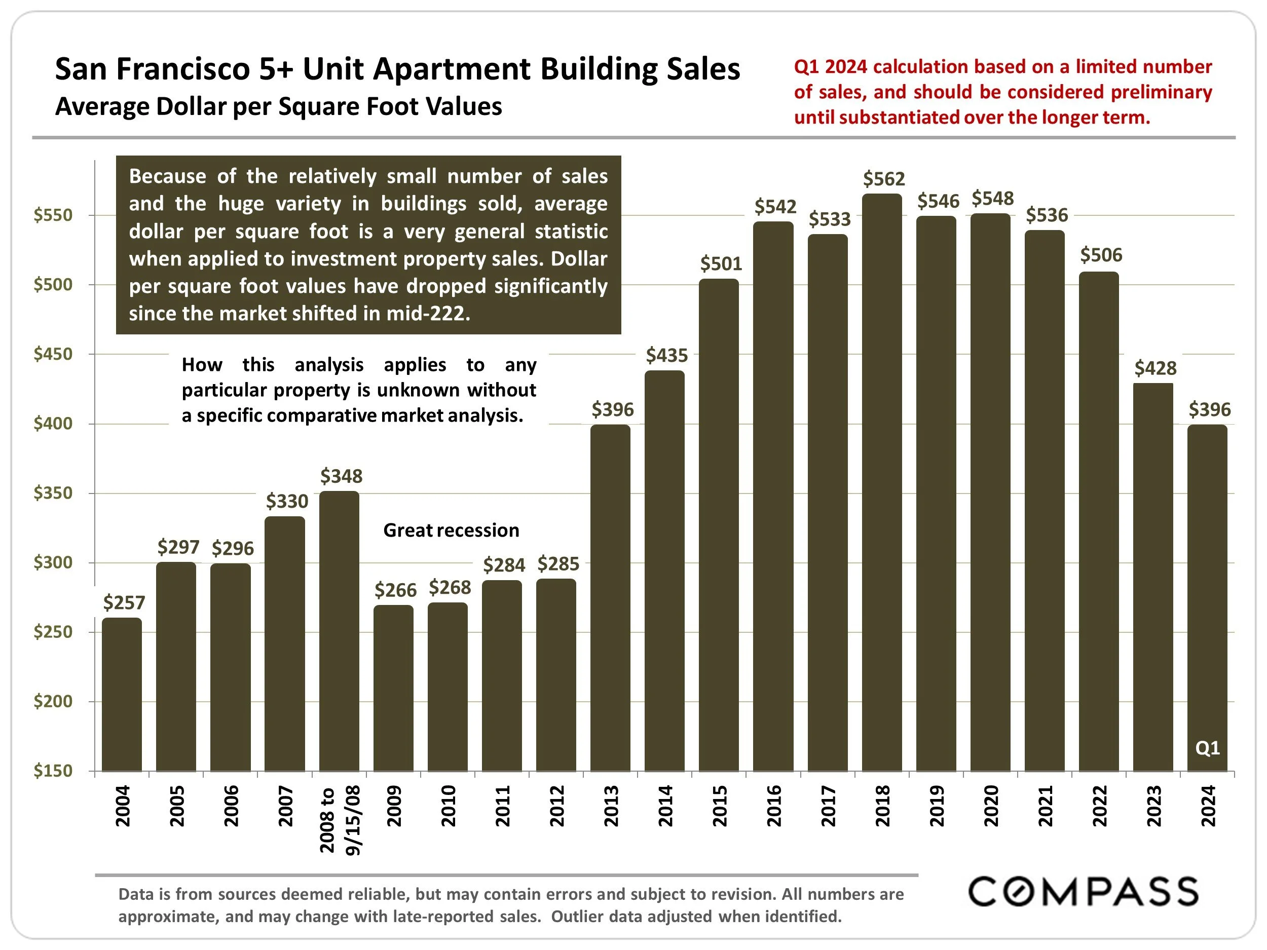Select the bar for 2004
(122, 694)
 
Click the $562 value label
(884, 179)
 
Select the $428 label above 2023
(1156, 368)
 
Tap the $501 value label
(721, 264)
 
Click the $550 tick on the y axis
(53, 215)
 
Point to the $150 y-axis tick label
(53, 771)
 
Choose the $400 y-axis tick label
(53, 424)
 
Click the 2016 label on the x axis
(774, 806)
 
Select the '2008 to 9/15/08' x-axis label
(340, 819)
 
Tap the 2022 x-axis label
(1099, 806)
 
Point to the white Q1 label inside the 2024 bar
(1207, 748)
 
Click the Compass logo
(1083, 892)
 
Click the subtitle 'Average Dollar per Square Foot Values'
(278, 107)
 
